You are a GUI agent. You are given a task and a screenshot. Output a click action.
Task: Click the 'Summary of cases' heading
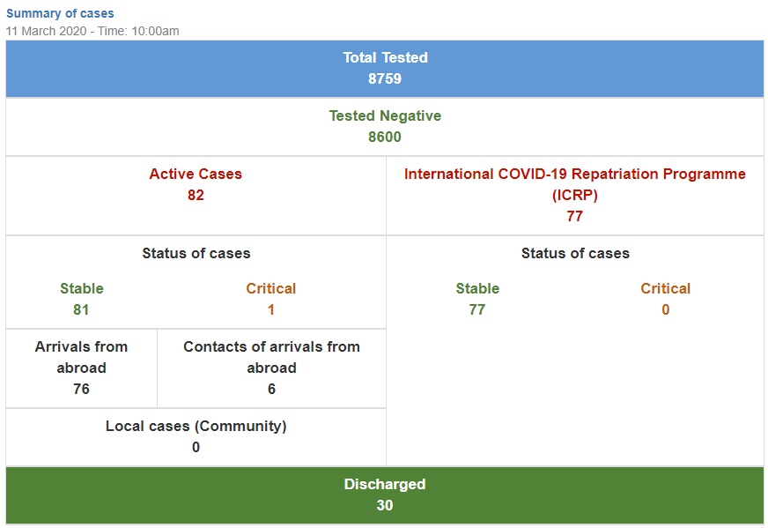tap(60, 13)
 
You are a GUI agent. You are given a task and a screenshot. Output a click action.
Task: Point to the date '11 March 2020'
tap(46, 31)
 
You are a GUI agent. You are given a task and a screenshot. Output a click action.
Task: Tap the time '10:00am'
tap(155, 31)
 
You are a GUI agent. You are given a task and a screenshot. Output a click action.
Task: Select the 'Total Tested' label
tap(385, 57)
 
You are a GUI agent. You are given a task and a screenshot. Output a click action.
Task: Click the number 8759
tap(385, 78)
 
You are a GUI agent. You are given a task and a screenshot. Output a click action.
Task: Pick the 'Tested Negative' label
tap(385, 115)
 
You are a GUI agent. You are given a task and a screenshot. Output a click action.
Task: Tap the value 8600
tap(385, 137)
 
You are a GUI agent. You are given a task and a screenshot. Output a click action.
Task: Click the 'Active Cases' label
tap(196, 174)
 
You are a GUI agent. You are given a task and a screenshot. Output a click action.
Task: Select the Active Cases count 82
tap(196, 195)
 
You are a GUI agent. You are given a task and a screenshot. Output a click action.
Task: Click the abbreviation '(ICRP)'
tap(575, 195)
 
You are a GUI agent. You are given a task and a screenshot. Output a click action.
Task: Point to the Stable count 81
tap(81, 310)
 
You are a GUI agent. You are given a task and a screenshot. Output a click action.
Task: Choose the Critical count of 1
tap(271, 310)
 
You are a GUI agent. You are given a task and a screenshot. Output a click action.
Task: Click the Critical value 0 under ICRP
tap(665, 310)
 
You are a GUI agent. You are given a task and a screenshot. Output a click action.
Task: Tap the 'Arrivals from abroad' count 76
tap(81, 390)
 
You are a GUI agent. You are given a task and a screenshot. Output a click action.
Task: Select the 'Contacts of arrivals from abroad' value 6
tap(271, 390)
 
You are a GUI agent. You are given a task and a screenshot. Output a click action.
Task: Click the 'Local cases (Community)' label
tap(196, 426)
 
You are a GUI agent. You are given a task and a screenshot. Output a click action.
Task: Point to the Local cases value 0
tap(196, 447)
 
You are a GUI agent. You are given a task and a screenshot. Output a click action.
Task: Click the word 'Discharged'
tap(385, 485)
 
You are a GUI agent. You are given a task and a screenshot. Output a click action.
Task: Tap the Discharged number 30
tap(385, 505)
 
